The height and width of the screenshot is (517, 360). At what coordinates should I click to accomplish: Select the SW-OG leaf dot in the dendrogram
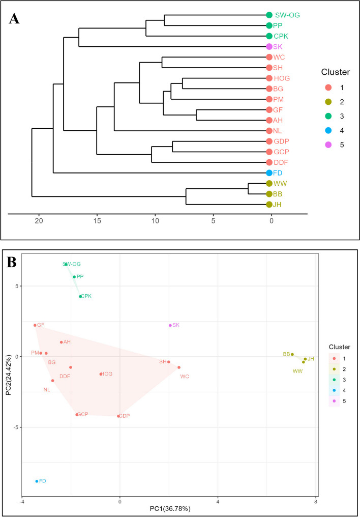coord(269,15)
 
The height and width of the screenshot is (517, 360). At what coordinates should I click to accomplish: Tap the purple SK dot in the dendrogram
coord(269,47)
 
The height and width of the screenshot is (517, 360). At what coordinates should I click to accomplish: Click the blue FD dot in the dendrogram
coord(269,173)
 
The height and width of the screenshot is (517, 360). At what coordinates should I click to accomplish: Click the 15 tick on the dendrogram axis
coord(97,221)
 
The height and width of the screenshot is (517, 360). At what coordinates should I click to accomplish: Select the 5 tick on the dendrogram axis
coord(213,221)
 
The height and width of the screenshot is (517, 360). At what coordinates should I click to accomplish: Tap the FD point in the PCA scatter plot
coord(37,481)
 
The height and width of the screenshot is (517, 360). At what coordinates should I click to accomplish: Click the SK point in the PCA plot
coord(170,325)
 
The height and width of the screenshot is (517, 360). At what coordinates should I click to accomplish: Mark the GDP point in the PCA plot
coord(118,416)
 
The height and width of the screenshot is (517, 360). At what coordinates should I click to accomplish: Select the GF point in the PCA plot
coord(35,325)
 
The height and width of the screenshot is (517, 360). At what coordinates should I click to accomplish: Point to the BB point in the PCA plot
coord(292,354)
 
